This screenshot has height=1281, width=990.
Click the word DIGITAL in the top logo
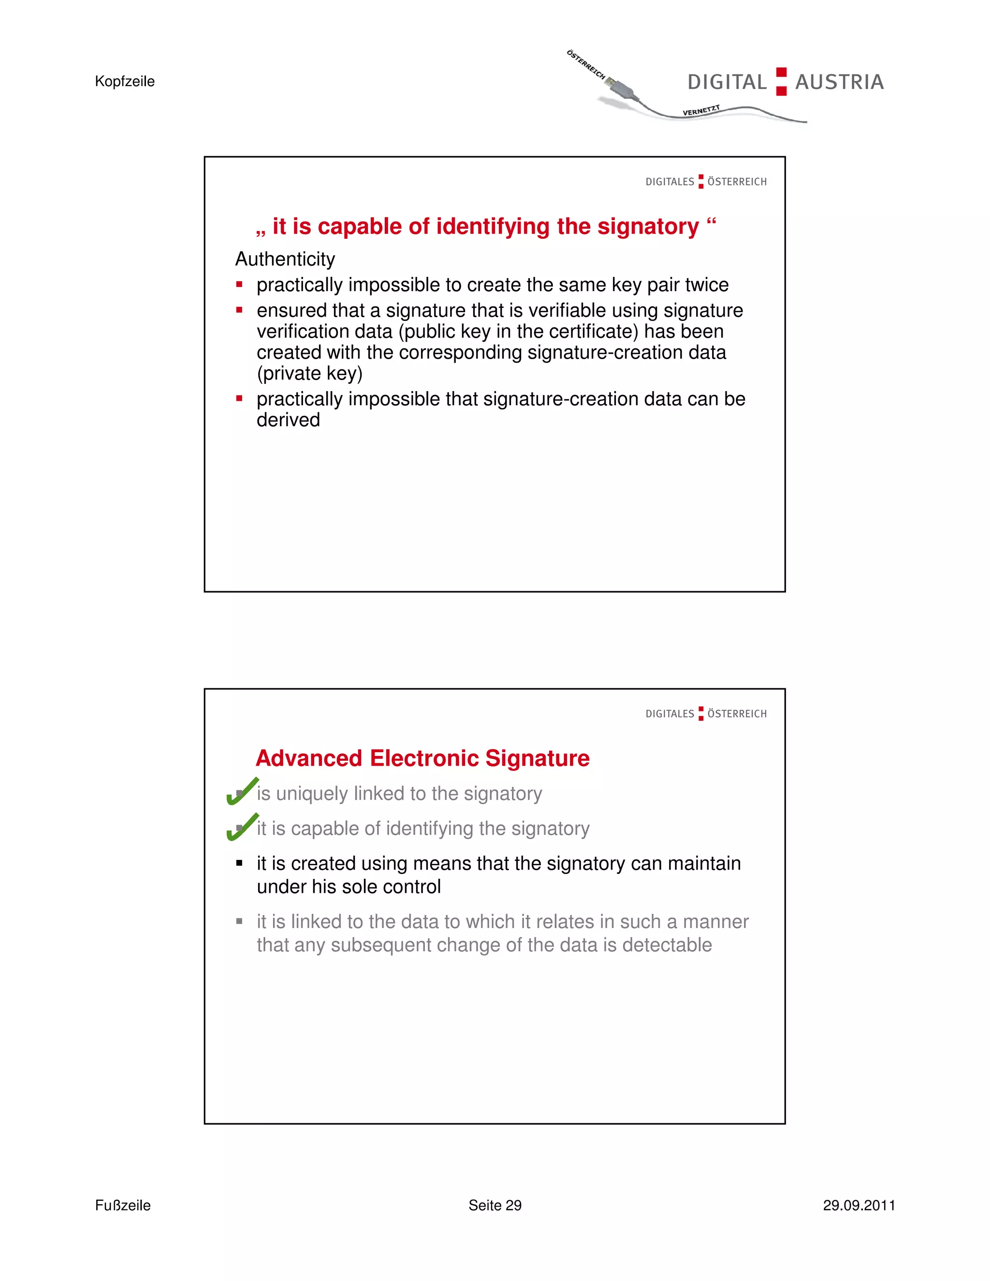pyautogui.click(x=727, y=82)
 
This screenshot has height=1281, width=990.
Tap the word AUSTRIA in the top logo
pyautogui.click(x=839, y=82)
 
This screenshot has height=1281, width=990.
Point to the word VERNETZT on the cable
pyautogui.click(x=701, y=110)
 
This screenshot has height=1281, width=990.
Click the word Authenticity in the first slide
pyautogui.click(x=285, y=259)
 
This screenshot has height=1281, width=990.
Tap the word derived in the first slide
pyautogui.click(x=288, y=420)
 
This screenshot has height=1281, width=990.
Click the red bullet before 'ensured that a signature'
pyautogui.click(x=239, y=310)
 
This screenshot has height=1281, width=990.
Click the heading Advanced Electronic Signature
pyautogui.click(x=422, y=758)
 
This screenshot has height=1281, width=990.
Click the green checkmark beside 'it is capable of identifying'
pyautogui.click(x=242, y=827)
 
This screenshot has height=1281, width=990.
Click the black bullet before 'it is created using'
pyautogui.click(x=239, y=863)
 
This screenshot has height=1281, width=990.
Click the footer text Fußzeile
pyautogui.click(x=123, y=1205)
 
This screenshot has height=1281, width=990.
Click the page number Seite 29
pyautogui.click(x=495, y=1205)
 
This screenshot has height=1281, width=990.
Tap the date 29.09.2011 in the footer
pyautogui.click(x=859, y=1205)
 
